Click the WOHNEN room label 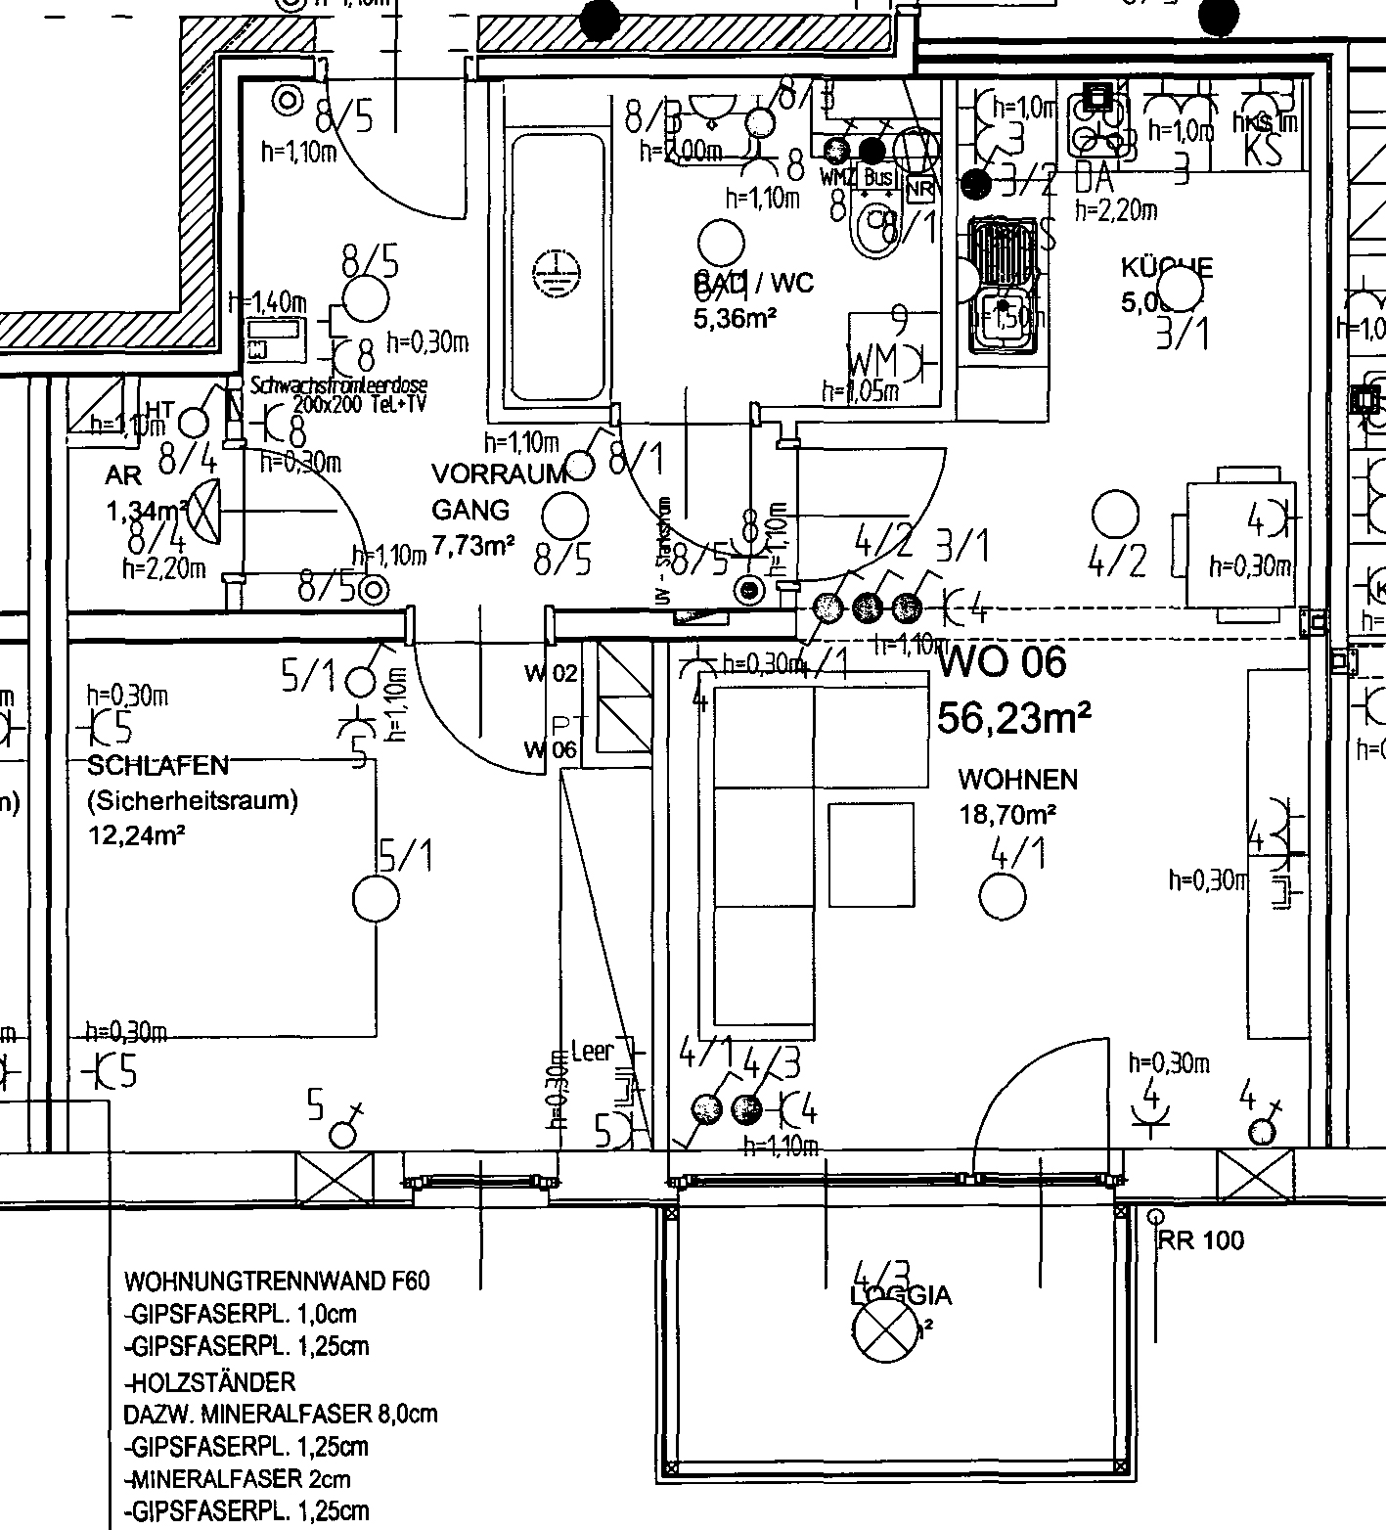pos(1017,780)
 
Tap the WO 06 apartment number pos(1003,662)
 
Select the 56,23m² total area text pos(1013,718)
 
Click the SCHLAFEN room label pos(158,765)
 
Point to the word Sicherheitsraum pos(193,800)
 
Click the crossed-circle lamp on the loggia pos(884,1332)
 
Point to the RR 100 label pos(1200,1240)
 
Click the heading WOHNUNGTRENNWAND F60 pos(277,1281)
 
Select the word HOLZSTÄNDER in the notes pos(210,1381)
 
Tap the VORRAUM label pos(499,474)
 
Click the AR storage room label pos(124,475)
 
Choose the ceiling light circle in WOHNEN pos(1003,896)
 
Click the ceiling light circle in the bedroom pos(376,898)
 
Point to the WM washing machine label pos(872,360)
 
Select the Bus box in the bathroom pos(878,177)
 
